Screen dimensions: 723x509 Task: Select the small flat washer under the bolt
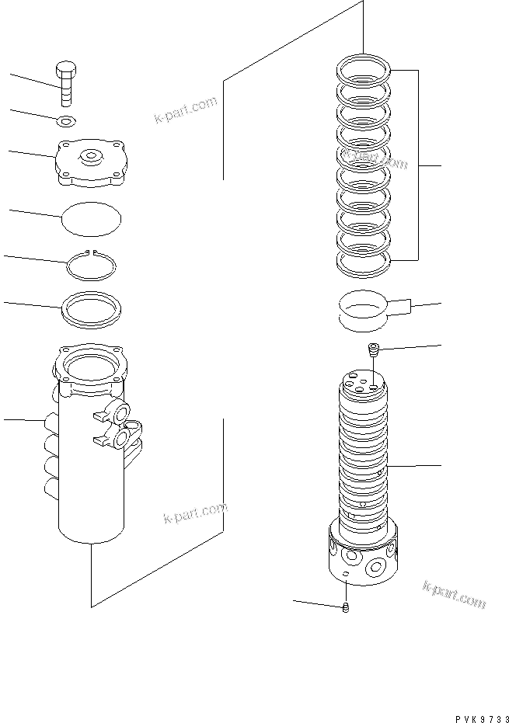(x=68, y=120)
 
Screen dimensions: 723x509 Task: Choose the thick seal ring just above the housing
(x=91, y=308)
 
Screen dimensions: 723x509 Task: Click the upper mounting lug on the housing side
(x=123, y=412)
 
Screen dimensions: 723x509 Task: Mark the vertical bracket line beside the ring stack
(x=419, y=165)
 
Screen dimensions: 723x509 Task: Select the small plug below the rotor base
(x=346, y=607)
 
